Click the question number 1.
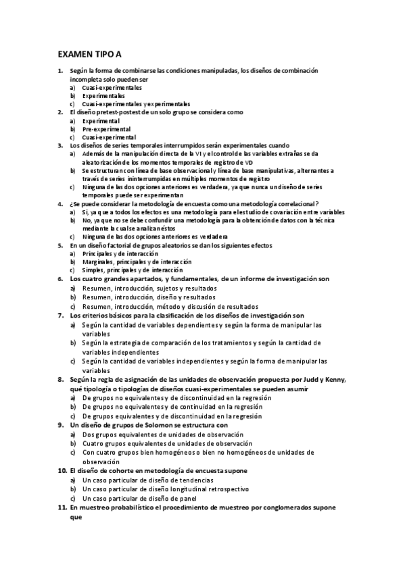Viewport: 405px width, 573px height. [61, 70]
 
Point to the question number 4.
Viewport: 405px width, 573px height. [61, 203]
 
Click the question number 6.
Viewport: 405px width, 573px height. [60, 278]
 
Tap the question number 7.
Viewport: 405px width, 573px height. [60, 316]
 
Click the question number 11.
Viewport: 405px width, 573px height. [62, 507]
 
